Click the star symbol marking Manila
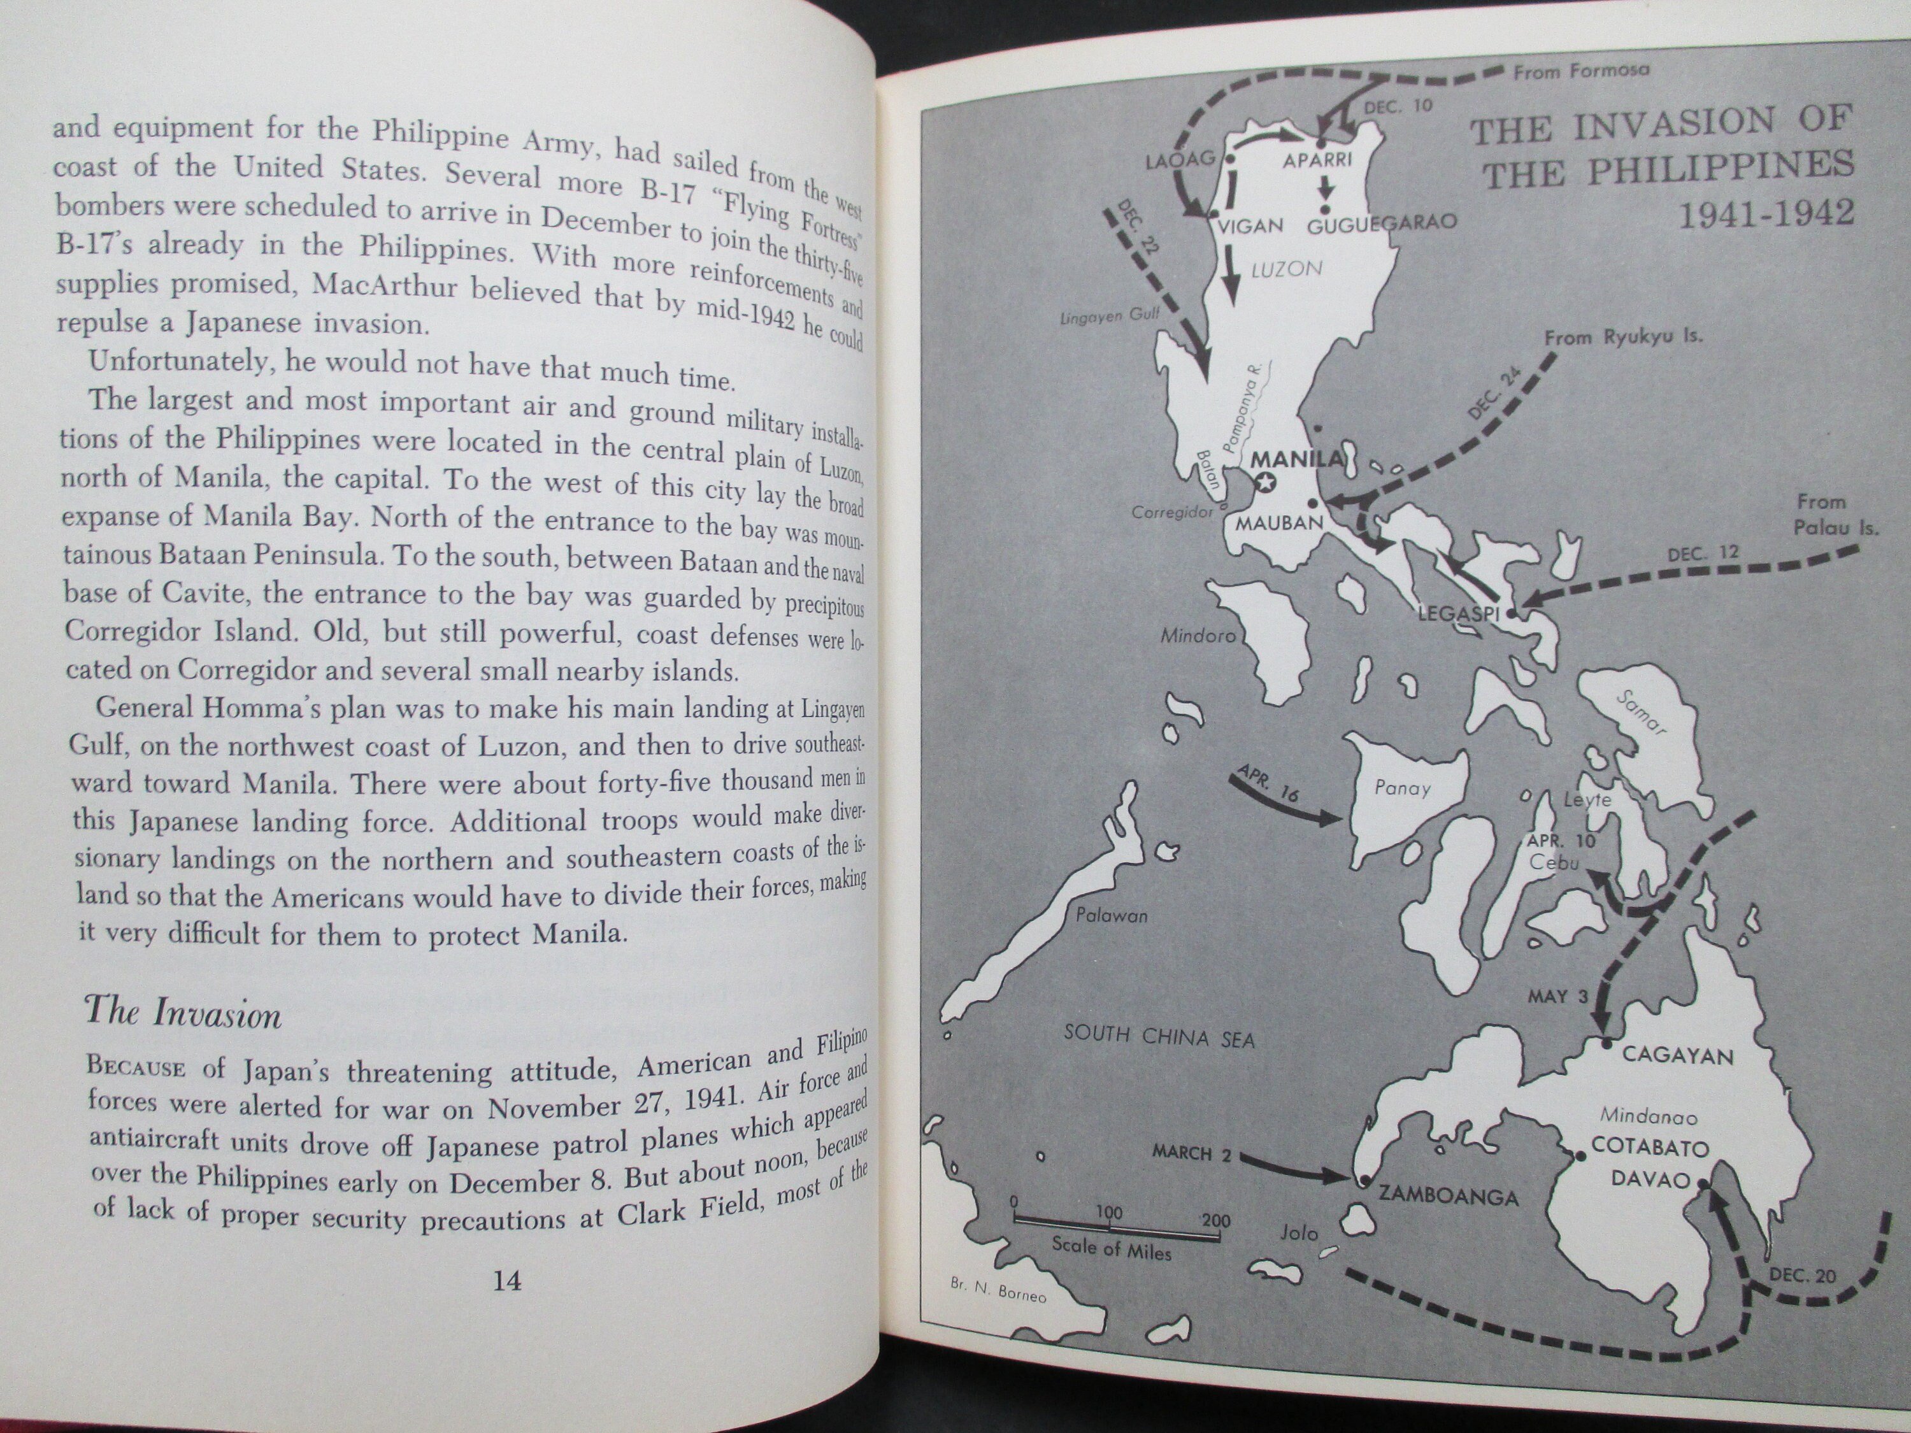[1266, 483]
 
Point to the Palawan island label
[1112, 916]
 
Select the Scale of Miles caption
[1111, 1249]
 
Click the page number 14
[506, 1280]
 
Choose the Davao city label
[1650, 1179]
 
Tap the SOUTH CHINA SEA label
[1159, 1035]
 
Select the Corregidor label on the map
[1172, 512]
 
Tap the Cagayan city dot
[1606, 1043]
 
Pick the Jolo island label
[1298, 1232]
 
